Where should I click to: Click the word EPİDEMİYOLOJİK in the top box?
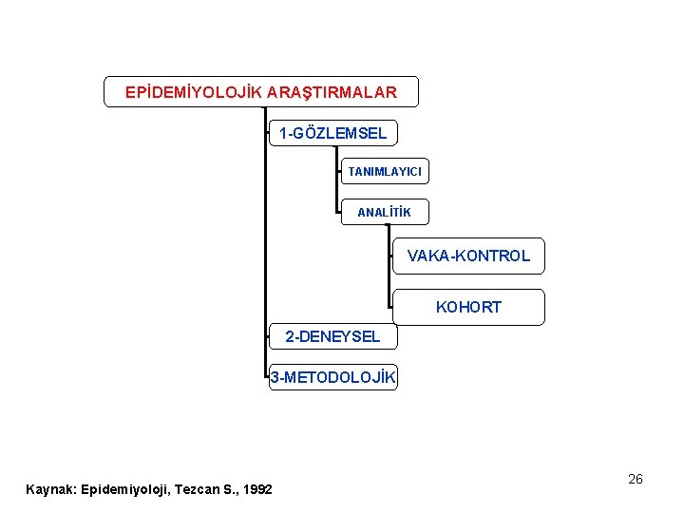194,92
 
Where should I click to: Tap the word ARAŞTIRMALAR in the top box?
332,92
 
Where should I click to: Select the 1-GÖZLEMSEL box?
332,133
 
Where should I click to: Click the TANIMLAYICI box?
385,171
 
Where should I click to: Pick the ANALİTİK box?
384,212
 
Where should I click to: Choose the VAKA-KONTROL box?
468,256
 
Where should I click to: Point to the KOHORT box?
468,307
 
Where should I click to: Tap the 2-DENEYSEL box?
332,336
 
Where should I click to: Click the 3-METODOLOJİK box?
332,378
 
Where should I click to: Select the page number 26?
636,479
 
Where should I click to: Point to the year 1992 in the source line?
257,489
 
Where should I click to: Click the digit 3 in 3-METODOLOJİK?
275,378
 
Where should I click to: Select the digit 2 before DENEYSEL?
290,336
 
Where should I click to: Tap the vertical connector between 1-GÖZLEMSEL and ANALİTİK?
338,180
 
